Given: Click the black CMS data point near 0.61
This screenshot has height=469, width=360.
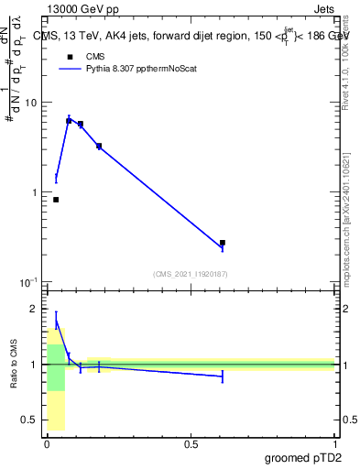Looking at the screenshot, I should pos(223,243).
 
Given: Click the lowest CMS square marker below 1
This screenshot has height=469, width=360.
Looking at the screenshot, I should pos(56,200).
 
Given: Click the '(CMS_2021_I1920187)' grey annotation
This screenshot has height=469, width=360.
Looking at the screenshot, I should pos(190,272).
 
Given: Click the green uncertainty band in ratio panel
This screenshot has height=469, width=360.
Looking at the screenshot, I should pos(56,366).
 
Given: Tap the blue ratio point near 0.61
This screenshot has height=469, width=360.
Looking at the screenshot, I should pos(223,376).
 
